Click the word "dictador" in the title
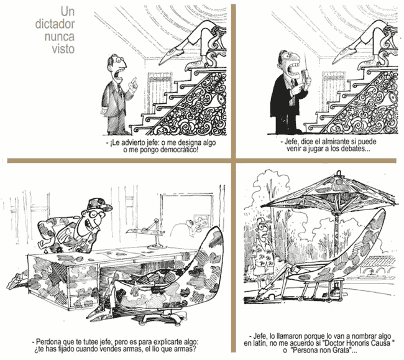(x=55, y=24)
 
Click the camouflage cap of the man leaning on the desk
(x=99, y=205)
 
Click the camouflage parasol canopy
(x=328, y=190)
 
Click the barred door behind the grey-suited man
(x=160, y=93)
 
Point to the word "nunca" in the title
(x=60, y=36)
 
